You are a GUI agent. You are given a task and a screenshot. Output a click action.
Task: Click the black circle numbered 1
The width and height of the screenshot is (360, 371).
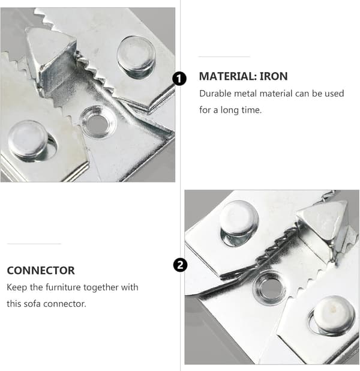point(179,79)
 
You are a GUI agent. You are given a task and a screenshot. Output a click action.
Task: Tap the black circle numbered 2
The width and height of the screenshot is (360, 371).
point(180,265)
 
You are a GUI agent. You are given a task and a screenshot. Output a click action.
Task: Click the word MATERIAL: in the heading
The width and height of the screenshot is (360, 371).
point(228,76)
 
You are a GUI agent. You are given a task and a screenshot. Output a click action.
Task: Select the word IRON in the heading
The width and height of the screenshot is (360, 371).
point(274,76)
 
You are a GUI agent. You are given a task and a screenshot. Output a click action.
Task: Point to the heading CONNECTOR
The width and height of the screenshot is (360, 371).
point(41,270)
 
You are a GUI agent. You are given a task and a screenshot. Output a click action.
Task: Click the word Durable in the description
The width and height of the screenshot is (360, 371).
point(215,94)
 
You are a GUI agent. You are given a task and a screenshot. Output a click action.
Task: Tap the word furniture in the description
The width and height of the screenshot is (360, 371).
point(63,287)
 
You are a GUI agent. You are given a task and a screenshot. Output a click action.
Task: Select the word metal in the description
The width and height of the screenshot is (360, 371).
point(245,94)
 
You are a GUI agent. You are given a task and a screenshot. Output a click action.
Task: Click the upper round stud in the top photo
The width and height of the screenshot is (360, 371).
point(136,56)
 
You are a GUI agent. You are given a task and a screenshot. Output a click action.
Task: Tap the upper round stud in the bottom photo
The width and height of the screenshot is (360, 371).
point(239,222)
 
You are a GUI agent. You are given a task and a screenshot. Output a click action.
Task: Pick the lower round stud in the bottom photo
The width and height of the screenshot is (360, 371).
point(333,315)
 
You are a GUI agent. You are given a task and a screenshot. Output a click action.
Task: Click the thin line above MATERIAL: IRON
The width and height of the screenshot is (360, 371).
point(224,57)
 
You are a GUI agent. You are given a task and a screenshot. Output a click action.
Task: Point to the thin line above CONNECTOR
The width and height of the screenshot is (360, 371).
point(34,244)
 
